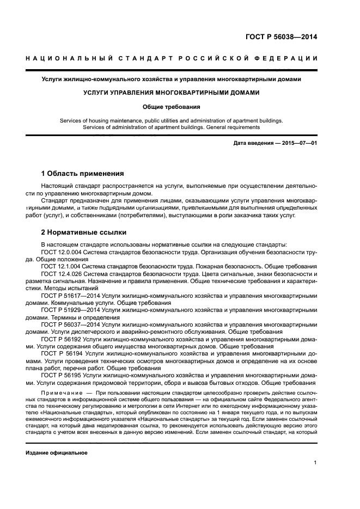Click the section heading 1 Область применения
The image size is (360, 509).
tap(82, 174)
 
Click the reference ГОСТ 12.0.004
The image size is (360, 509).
tap(60, 252)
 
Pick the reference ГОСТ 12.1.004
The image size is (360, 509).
tap(60, 266)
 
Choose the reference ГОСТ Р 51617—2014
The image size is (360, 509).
tap(70, 295)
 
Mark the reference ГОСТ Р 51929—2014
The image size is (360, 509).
tap(70, 309)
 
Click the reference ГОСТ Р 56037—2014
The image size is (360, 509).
tap(70, 324)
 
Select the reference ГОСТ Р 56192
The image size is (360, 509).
tap(62, 338)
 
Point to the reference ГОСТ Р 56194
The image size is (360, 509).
tap(62, 353)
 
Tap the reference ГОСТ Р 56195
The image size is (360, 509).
tap(62, 375)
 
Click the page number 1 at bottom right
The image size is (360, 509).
tap(315, 463)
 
